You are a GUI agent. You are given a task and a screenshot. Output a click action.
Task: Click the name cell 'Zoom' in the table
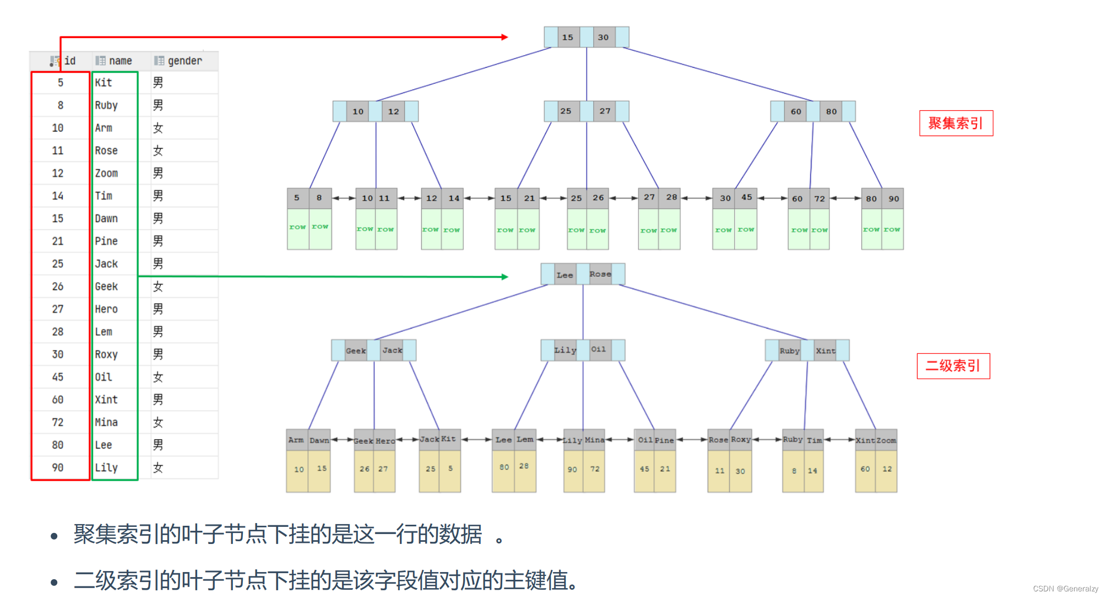(106, 173)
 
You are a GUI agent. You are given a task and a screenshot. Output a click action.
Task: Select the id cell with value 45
(58, 377)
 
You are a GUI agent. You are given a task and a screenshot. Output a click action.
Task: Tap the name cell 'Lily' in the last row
(106, 467)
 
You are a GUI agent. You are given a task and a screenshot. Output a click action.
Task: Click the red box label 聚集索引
(956, 123)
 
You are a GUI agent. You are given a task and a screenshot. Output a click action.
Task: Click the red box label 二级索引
(953, 366)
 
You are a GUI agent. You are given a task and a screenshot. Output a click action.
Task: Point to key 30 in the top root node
(603, 37)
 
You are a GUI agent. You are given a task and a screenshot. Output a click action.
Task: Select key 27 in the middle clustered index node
(605, 111)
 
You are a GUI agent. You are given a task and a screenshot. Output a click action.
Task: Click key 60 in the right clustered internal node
(796, 111)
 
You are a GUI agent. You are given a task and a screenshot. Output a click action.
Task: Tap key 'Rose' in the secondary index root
(600, 274)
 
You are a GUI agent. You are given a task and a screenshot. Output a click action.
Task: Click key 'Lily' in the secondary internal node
(565, 350)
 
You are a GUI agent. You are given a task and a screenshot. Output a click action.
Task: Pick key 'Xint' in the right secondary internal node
(825, 351)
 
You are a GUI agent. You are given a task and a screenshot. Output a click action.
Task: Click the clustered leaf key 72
(820, 198)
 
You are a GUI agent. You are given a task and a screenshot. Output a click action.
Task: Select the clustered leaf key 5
(297, 198)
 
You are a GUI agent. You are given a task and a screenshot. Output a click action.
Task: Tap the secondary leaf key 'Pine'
(664, 440)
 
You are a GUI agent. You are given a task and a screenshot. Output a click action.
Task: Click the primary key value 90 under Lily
(573, 470)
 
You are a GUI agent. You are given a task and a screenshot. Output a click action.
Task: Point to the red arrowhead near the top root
(504, 37)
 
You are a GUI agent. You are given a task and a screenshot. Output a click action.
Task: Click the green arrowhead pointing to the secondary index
(504, 277)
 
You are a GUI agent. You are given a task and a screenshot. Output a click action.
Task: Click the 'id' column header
(69, 61)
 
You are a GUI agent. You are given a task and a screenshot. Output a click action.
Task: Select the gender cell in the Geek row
(158, 286)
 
